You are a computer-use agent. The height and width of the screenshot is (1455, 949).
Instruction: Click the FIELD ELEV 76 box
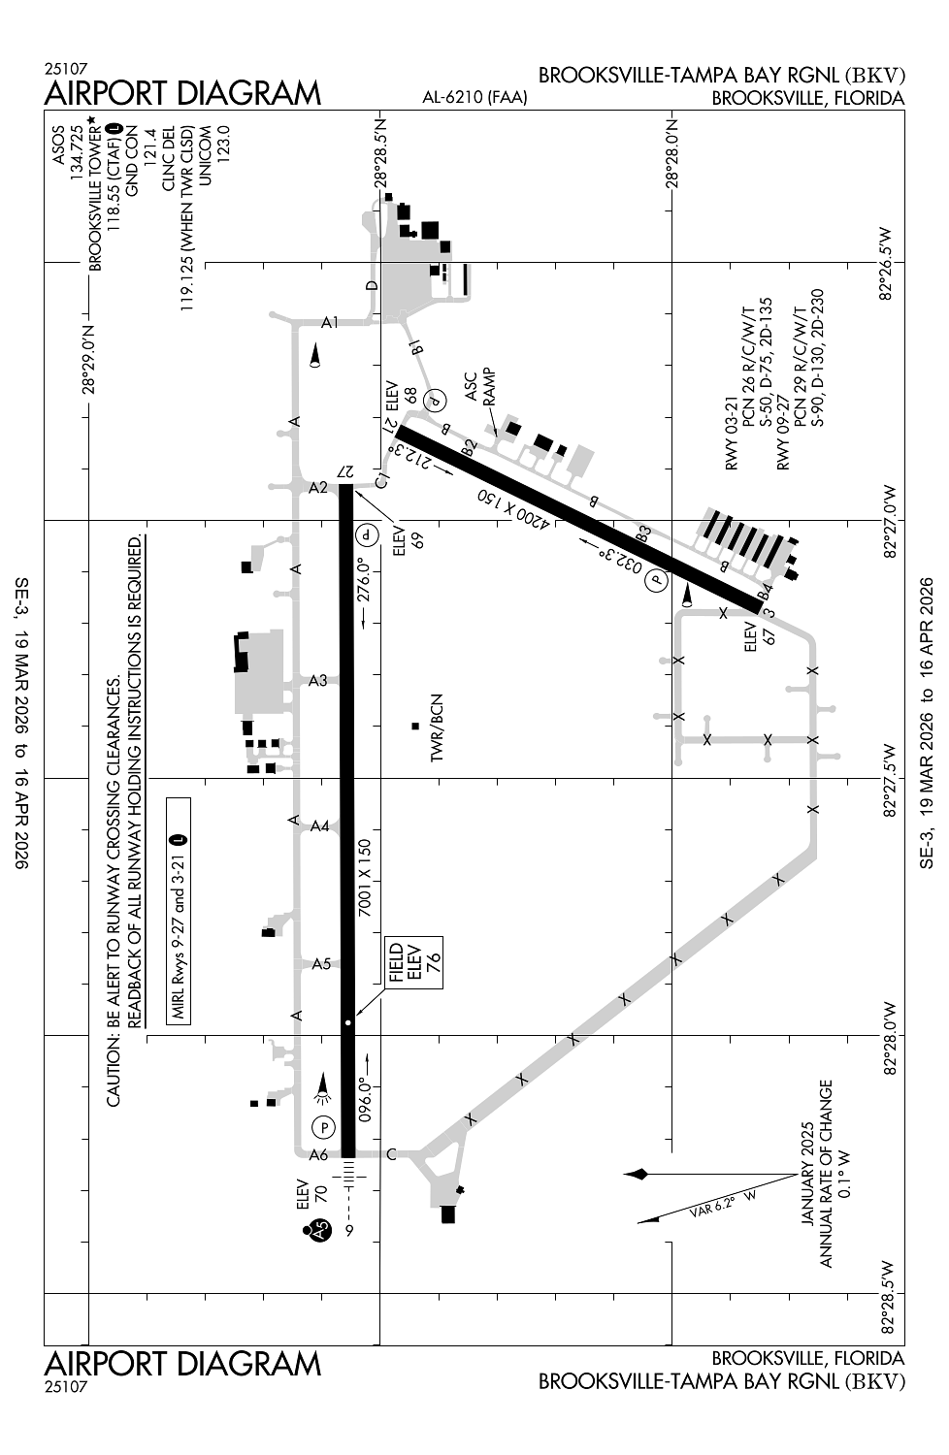(414, 962)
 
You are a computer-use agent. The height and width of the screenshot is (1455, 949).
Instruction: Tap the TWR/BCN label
(436, 728)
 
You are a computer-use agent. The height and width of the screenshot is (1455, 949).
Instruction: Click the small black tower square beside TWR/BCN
(415, 727)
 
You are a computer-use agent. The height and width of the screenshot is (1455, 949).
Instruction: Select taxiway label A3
(318, 681)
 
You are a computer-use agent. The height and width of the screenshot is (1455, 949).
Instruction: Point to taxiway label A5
(322, 964)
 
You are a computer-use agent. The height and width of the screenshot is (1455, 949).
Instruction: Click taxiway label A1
(330, 322)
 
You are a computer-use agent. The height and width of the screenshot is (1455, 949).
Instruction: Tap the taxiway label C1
(382, 481)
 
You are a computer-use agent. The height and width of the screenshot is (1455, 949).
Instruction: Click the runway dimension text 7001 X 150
(364, 878)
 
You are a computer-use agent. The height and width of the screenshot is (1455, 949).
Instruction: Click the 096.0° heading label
(364, 1103)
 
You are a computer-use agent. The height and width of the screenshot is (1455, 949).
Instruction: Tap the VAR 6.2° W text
(722, 1203)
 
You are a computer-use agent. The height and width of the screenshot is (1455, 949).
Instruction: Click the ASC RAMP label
(480, 388)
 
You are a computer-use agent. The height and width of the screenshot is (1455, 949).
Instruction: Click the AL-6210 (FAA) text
(474, 97)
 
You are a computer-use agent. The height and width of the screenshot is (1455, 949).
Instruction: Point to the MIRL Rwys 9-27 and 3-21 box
(179, 911)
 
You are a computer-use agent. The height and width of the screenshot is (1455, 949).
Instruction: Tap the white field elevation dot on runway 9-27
(348, 1022)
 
